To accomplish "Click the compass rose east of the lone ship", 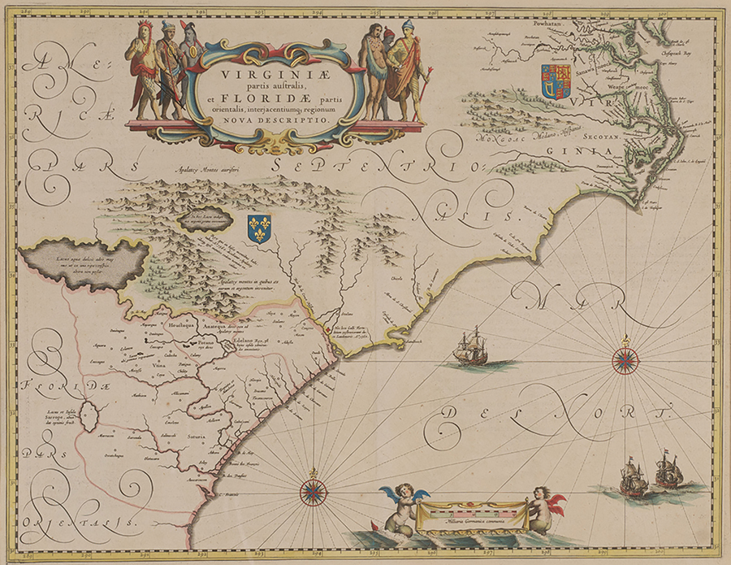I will (625, 359).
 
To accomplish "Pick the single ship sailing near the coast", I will (471, 348).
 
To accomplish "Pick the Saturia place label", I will (199, 436).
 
